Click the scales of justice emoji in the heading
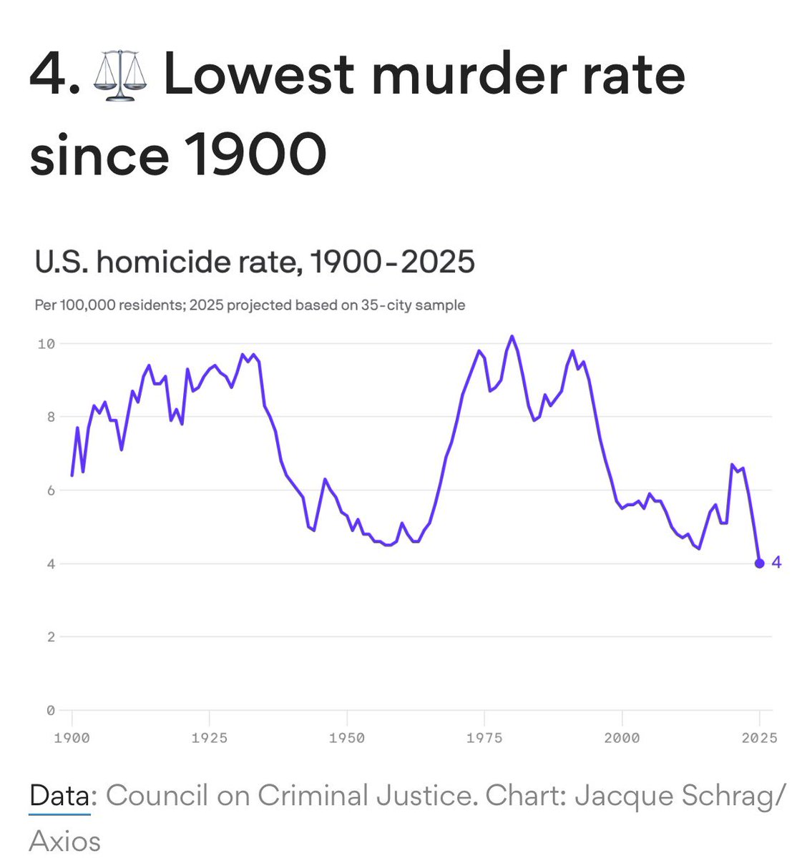pyautogui.click(x=119, y=74)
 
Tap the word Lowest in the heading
pyautogui.click(x=259, y=74)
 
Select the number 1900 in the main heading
pyautogui.click(x=255, y=154)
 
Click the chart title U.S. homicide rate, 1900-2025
pyautogui.click(x=255, y=262)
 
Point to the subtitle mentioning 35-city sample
pyautogui.click(x=250, y=305)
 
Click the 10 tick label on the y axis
pyautogui.click(x=46, y=344)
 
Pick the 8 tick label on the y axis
pyautogui.click(x=50, y=417)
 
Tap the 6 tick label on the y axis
pyautogui.click(x=50, y=490)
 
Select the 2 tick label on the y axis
pyautogui.click(x=50, y=637)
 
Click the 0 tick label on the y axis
pyautogui.click(x=50, y=710)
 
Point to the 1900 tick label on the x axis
pyautogui.click(x=72, y=738)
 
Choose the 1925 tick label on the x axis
pyautogui.click(x=209, y=738)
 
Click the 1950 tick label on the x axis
pyautogui.click(x=347, y=738)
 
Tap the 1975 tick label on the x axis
pyautogui.click(x=484, y=738)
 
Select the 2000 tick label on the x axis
pyautogui.click(x=622, y=738)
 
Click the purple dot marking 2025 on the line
pyautogui.click(x=760, y=563)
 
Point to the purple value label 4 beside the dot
pyautogui.click(x=776, y=563)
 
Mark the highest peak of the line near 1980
pyautogui.click(x=512, y=336)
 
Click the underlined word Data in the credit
pyautogui.click(x=60, y=796)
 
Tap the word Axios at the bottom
pyautogui.click(x=64, y=841)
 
